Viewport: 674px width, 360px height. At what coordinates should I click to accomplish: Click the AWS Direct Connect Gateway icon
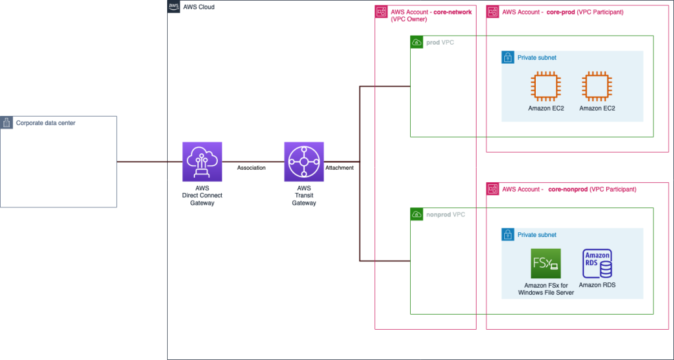click(202, 161)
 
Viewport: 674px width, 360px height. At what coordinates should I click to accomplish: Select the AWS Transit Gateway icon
click(304, 161)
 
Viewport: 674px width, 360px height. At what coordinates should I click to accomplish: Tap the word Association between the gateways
click(251, 168)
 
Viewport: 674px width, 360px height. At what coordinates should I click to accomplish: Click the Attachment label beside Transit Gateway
click(340, 168)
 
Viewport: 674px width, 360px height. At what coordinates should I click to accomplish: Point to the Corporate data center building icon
click(7, 122)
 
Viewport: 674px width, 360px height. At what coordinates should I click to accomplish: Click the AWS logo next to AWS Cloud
click(174, 7)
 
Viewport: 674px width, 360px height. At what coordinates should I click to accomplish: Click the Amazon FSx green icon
click(546, 264)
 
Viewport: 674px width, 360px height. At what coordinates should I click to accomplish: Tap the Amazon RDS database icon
click(598, 264)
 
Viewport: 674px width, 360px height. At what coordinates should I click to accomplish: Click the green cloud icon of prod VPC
click(417, 43)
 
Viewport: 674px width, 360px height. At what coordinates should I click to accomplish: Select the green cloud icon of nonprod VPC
click(417, 215)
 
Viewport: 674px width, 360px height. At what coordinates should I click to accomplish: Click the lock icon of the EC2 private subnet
click(508, 58)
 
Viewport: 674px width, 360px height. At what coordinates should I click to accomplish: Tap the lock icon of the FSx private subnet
click(508, 235)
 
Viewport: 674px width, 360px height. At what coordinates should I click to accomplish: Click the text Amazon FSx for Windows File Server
click(546, 289)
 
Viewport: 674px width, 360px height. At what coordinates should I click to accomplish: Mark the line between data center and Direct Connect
click(149, 161)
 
